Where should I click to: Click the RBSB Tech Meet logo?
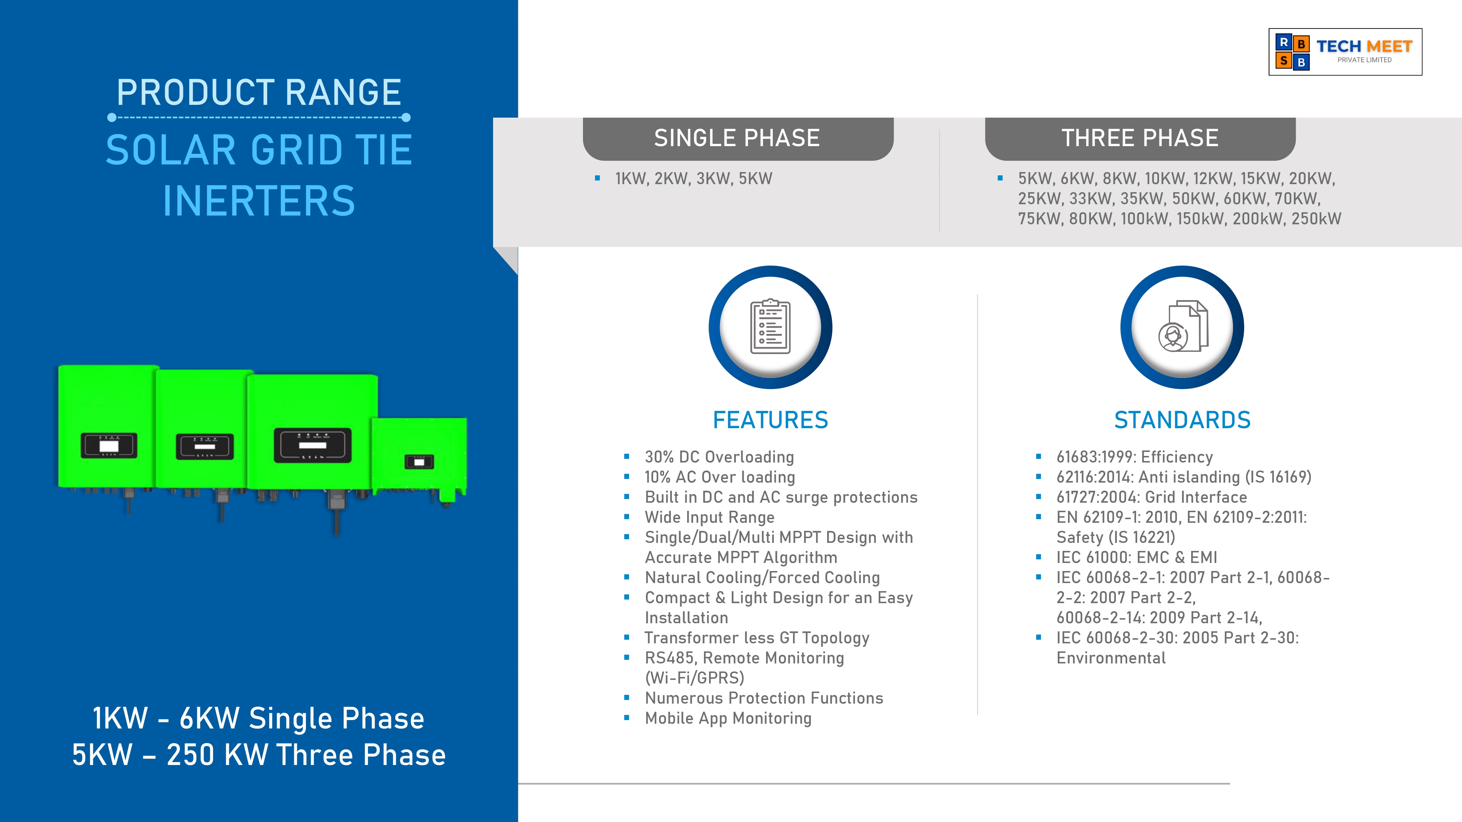click(x=1345, y=52)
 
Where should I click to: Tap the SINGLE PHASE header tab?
click(x=738, y=138)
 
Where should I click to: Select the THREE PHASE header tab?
click(x=1140, y=138)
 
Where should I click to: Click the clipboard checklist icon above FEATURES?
click(x=770, y=327)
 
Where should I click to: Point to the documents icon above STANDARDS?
click(x=1183, y=326)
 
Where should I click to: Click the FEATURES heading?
click(x=770, y=420)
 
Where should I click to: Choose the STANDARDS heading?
click(x=1182, y=420)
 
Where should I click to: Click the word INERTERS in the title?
click(x=259, y=201)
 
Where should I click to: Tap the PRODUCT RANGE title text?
click(x=259, y=92)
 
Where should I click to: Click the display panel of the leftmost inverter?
click(x=109, y=446)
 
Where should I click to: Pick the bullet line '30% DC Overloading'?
click(x=719, y=457)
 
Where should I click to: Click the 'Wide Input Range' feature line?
click(x=709, y=517)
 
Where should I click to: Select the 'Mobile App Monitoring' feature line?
click(x=728, y=718)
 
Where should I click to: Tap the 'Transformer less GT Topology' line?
click(x=757, y=638)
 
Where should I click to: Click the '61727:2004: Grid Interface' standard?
click(x=1152, y=497)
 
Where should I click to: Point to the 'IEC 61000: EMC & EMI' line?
click(x=1137, y=557)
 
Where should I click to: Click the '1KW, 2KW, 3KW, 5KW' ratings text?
click(x=694, y=179)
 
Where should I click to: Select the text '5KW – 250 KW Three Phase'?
click(x=259, y=755)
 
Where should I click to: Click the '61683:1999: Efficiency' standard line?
click(x=1135, y=457)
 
